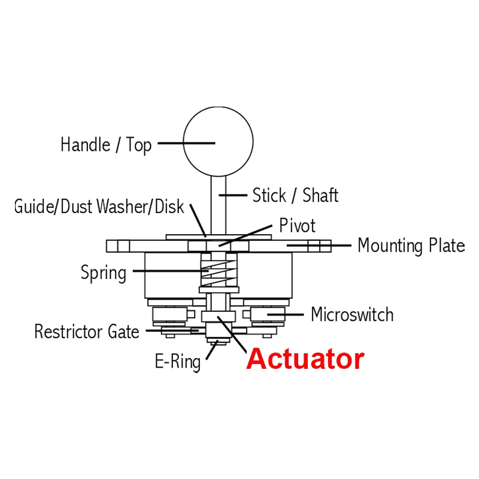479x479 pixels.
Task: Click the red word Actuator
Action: pyautogui.click(x=305, y=359)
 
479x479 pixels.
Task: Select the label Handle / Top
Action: pyautogui.click(x=106, y=144)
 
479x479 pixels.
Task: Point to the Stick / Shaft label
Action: pyautogui.click(x=295, y=195)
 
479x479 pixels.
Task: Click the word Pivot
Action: pyautogui.click(x=297, y=226)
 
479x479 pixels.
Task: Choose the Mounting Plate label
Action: pyautogui.click(x=411, y=245)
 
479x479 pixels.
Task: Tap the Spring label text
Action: pyautogui.click(x=104, y=273)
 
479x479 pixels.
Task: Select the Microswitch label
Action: pyautogui.click(x=352, y=314)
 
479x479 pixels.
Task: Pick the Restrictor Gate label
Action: pyautogui.click(x=87, y=331)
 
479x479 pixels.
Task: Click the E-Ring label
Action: pyautogui.click(x=178, y=362)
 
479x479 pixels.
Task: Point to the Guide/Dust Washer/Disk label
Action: pyautogui.click(x=99, y=207)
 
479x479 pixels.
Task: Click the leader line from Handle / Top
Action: pyautogui.click(x=186, y=143)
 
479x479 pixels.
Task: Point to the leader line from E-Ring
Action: pyautogui.click(x=211, y=351)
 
